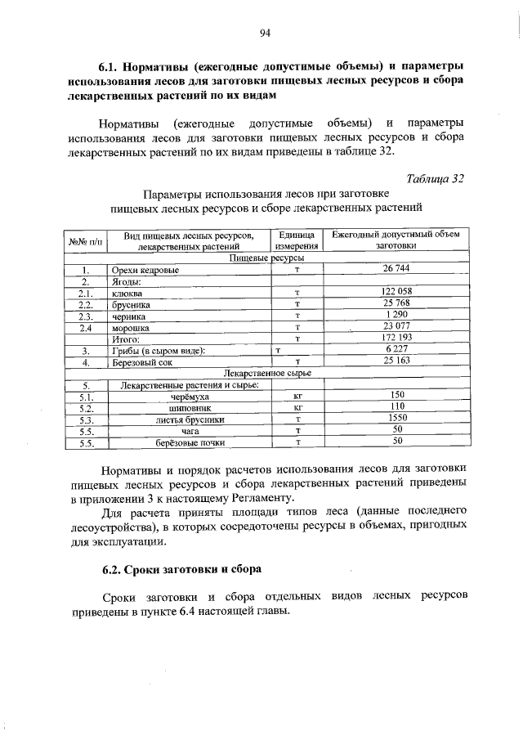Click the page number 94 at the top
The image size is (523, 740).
coord(265,33)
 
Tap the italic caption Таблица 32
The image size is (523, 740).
coord(435,178)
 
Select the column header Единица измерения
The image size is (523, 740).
coord(296,240)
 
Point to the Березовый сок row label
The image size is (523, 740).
coord(141,361)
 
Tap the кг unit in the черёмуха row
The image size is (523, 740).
coord(297,396)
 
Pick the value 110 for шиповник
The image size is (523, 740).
coord(397,406)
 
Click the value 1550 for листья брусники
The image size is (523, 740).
coord(397,418)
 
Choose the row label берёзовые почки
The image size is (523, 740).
coord(190,442)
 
